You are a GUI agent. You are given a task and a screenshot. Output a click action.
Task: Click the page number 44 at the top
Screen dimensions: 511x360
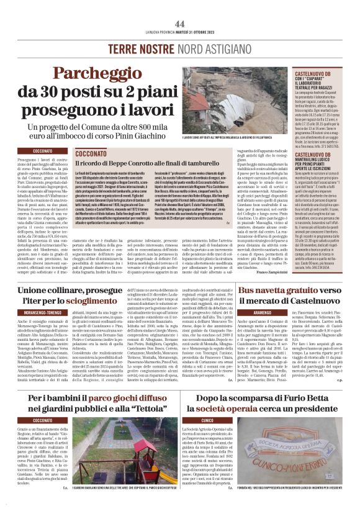(x=180, y=23)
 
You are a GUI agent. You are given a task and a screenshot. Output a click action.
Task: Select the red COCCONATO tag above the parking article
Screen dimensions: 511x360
(x=43, y=151)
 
